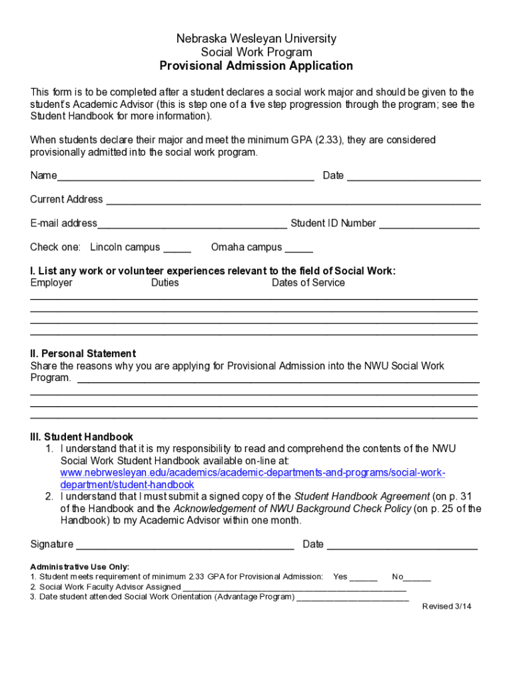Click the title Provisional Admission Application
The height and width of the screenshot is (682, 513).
pos(256,66)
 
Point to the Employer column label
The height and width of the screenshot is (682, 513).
pos(51,283)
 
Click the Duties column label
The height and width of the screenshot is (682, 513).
pos(165,283)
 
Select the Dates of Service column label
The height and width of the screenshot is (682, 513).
pos(308,283)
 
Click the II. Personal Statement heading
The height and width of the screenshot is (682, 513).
pos(83,354)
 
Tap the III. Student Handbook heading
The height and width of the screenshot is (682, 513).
pos(81,438)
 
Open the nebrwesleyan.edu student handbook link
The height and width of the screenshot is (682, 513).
pos(253,473)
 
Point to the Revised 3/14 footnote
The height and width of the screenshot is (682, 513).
pos(447,607)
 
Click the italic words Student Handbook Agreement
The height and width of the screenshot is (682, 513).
pos(362,497)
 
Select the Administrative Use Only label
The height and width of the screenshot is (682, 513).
pos(80,567)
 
